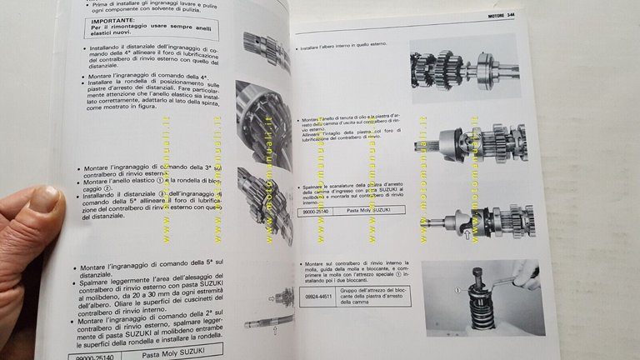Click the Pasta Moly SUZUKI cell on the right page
point(372,213)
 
